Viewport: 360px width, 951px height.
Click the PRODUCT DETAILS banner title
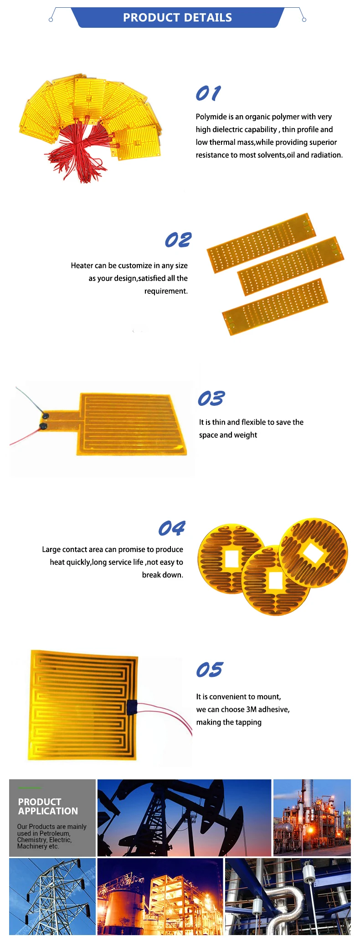[177, 18]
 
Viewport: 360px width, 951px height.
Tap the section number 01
[208, 93]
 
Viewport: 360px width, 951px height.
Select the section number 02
[178, 240]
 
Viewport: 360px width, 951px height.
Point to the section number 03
[211, 399]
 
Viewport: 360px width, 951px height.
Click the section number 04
[171, 528]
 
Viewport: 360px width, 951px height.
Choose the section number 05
[209, 670]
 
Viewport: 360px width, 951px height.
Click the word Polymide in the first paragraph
[210, 117]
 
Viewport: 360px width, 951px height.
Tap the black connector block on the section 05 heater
[132, 706]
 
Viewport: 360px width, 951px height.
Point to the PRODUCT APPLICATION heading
[48, 807]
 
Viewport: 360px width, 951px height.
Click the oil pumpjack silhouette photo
[184, 818]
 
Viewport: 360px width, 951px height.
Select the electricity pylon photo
[52, 896]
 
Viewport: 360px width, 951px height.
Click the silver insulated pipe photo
[288, 896]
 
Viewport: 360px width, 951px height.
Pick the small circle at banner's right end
[304, 20]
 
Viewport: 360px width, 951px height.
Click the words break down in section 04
[162, 575]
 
